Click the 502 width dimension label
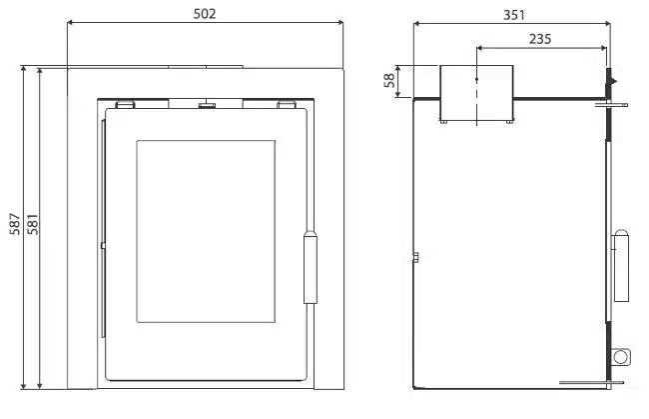205,13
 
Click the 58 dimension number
389,81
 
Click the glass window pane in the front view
205,231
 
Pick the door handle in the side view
621,265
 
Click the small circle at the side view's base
621,356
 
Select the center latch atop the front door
208,103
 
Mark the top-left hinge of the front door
126,102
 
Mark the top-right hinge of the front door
286,102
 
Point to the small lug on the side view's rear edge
414,260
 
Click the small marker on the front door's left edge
102,243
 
